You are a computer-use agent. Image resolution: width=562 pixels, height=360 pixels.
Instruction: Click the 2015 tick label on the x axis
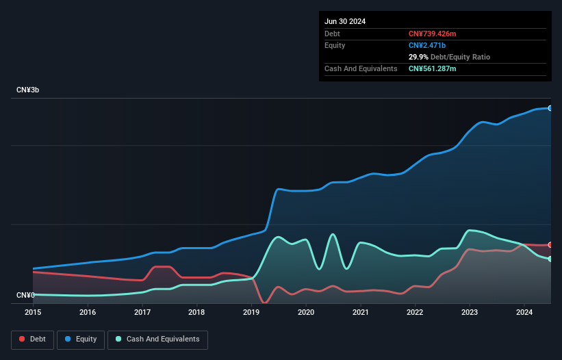(x=33, y=313)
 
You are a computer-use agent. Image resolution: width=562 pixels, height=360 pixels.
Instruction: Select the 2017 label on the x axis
(x=142, y=313)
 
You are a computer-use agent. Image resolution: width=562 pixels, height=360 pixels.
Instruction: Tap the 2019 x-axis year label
(x=251, y=313)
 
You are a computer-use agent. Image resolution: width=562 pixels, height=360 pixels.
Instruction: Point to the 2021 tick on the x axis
(x=360, y=313)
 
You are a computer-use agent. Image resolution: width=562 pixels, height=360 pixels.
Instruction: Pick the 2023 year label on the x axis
(x=470, y=313)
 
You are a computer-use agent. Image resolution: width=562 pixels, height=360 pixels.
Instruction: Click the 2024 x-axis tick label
(x=524, y=313)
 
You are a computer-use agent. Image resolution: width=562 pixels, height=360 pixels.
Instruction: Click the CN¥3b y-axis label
(x=28, y=90)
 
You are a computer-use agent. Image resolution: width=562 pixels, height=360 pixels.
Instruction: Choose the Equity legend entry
(x=80, y=339)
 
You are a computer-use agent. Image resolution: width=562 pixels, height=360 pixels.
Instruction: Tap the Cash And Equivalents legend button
(x=157, y=339)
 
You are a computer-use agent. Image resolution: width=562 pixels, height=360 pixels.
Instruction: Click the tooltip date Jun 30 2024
(x=345, y=21)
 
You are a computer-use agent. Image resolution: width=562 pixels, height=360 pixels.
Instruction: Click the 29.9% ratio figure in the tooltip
(x=418, y=57)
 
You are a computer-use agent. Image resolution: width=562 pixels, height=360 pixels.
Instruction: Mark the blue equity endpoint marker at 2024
(x=550, y=108)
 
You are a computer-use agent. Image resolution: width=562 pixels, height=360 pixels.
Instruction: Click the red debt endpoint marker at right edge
(x=550, y=245)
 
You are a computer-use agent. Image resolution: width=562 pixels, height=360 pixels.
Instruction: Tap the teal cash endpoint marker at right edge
(x=550, y=259)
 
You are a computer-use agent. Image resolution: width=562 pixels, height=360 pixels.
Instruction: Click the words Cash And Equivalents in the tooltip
(x=361, y=68)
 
